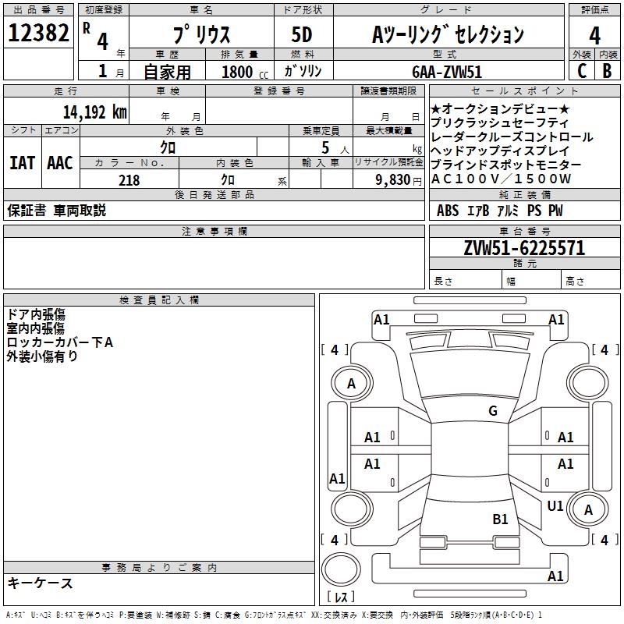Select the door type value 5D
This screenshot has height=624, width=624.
point(302,34)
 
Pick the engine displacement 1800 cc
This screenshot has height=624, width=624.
point(243,72)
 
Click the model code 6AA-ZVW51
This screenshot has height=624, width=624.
point(447,71)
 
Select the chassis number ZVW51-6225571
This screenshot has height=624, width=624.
point(523,249)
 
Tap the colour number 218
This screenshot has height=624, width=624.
point(129,180)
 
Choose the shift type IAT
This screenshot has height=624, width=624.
point(22,163)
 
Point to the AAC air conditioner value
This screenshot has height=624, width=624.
point(60,163)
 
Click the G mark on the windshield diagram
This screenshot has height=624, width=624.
point(492,411)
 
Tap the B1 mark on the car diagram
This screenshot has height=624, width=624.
point(500,519)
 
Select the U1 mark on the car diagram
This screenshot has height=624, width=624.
point(555,506)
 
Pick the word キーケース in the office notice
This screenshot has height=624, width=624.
point(41,583)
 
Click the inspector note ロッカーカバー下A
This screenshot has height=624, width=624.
point(59,342)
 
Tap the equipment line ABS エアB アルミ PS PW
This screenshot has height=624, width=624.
point(499,211)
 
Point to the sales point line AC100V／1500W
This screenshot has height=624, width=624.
point(502,179)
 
